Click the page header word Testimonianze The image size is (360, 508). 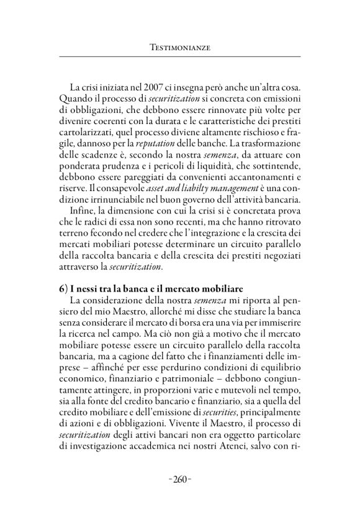pos(180,47)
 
